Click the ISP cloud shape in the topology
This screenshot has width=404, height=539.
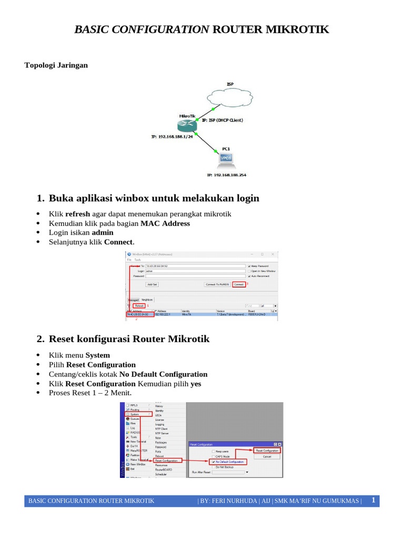tap(230, 98)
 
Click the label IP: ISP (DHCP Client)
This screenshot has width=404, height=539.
tap(223, 120)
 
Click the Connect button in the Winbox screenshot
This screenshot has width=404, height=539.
tap(239, 284)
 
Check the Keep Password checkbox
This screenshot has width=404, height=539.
tap(249, 266)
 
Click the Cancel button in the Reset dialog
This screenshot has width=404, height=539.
tap(267, 456)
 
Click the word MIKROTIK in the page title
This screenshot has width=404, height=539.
tap(298, 29)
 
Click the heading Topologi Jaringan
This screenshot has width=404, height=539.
tap(56, 65)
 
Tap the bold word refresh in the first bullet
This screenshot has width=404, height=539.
tap(78, 214)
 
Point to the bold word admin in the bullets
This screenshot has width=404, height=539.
tap(103, 233)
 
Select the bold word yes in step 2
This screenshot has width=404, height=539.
tap(196, 384)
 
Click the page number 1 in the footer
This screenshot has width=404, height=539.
tap(373, 500)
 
